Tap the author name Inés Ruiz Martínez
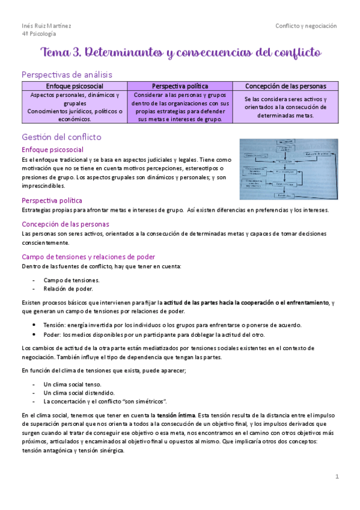46,26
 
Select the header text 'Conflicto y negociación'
306,26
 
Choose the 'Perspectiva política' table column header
180,86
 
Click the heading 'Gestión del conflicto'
61,137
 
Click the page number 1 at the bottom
337,476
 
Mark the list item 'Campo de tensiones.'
72,280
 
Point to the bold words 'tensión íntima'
175,415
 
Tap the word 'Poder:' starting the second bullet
53,334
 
